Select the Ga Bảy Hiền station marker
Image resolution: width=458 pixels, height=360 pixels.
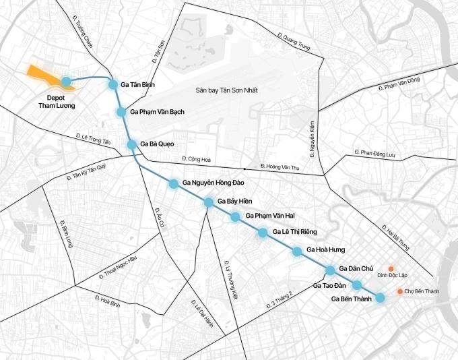tap(209, 202)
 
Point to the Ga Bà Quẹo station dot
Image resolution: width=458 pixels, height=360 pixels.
tap(132, 144)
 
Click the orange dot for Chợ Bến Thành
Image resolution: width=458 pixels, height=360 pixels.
tap(400, 291)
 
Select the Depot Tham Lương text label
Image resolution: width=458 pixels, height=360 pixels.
tap(57, 102)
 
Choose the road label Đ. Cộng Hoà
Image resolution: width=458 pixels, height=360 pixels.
tap(197, 160)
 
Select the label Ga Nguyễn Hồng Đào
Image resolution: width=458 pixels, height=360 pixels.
tap(215, 183)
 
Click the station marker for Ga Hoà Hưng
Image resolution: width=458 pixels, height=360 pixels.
tap(297, 251)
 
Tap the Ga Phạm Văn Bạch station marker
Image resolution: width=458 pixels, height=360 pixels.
tap(121, 112)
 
